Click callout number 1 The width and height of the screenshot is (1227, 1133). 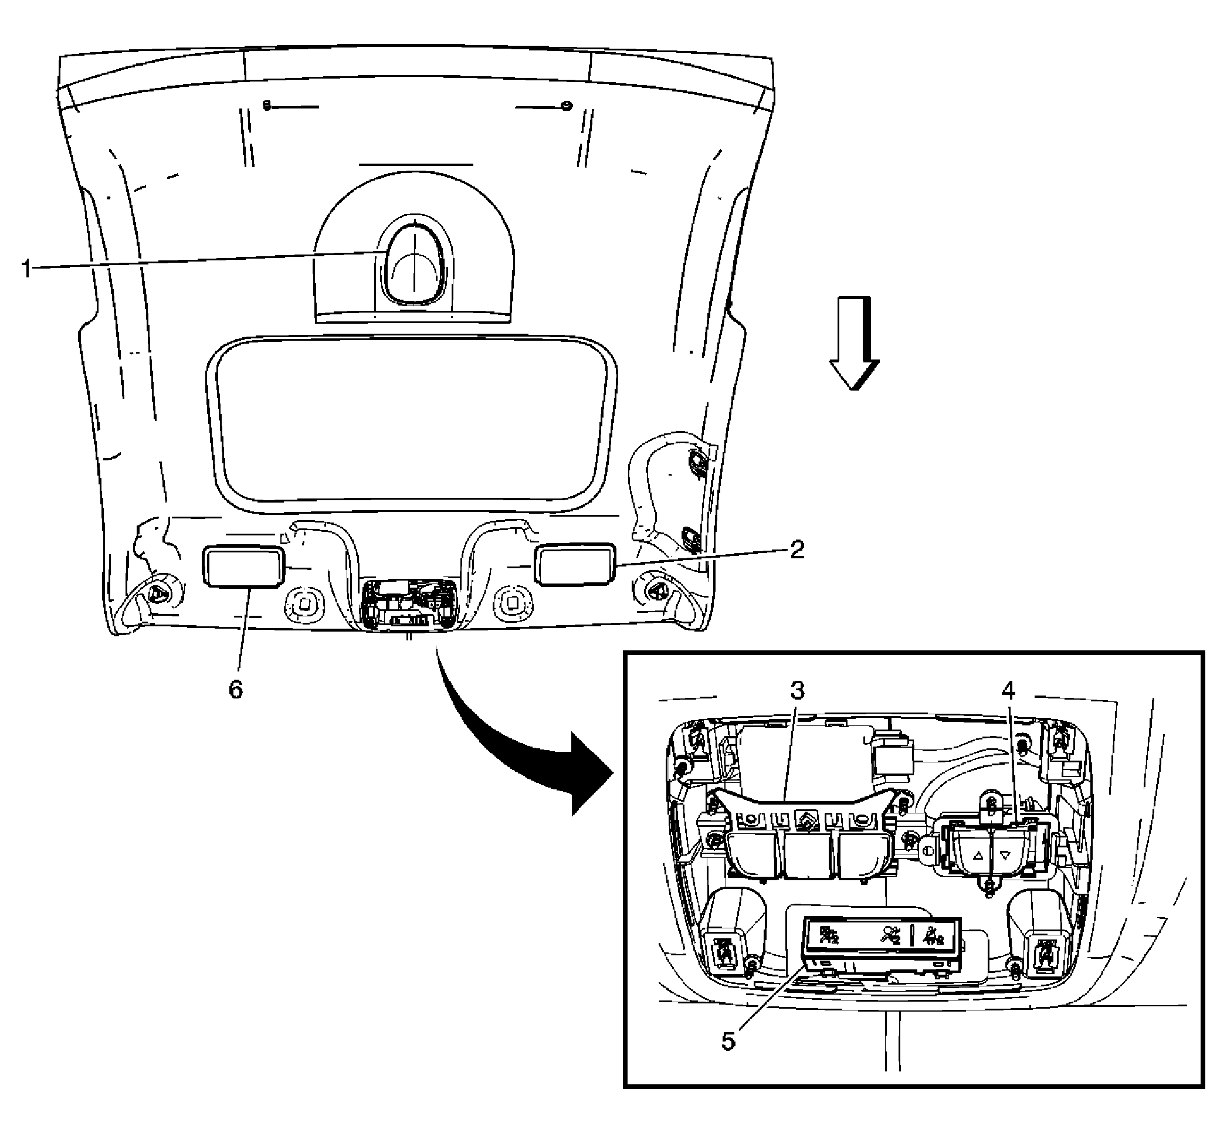tap(26, 268)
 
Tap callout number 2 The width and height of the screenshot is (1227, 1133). tap(796, 549)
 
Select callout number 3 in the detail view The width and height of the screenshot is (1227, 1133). tap(796, 691)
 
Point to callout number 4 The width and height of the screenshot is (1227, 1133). tap(1008, 691)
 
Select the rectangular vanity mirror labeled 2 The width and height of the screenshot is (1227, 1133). tap(576, 564)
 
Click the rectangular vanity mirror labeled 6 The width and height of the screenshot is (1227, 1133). tap(243, 566)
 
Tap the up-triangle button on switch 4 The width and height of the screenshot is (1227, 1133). tap(978, 855)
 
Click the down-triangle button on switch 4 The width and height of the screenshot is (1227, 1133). tap(1004, 854)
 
